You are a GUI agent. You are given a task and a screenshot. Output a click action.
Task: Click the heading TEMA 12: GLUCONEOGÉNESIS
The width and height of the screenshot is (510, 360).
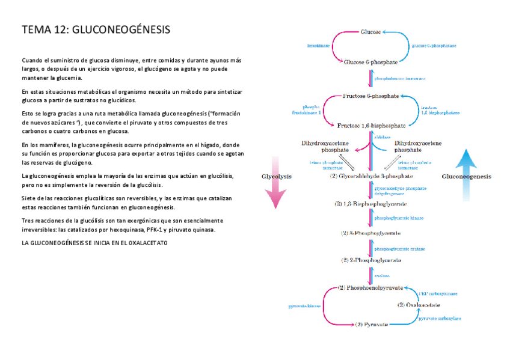pos(96,29)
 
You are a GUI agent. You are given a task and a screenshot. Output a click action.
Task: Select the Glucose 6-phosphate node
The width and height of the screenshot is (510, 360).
pos(370,62)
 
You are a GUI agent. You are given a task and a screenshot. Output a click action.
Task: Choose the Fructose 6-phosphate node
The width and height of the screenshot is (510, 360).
pos(371,96)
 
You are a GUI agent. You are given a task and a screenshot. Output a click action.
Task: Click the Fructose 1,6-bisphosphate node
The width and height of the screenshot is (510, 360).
pos(371,126)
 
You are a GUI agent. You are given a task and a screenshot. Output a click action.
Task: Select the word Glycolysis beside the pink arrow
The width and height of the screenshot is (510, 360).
pos(276,177)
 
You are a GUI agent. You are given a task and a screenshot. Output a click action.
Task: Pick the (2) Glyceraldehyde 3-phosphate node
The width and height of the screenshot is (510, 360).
pos(371,177)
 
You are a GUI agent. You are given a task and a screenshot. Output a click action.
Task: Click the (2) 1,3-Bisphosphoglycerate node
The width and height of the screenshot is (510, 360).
pos(371,204)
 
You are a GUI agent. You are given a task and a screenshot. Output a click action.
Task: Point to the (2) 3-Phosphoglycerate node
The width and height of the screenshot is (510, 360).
pos(371,233)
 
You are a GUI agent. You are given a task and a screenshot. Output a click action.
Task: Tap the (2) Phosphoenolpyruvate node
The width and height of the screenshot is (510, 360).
pos(370,288)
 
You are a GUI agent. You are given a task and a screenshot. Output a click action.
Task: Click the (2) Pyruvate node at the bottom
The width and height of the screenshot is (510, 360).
pos(370,324)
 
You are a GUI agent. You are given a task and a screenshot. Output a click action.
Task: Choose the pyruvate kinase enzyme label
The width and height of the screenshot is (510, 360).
pos(305,305)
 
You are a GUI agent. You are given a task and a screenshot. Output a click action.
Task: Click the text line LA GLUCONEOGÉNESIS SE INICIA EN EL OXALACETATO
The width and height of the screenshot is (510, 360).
pos(94,242)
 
